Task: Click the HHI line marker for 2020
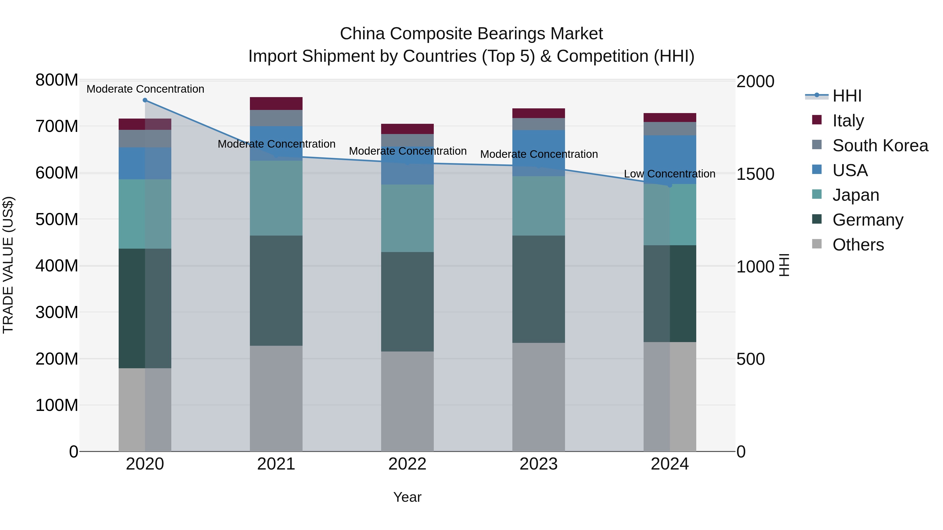click(145, 100)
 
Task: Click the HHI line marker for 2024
click(670, 186)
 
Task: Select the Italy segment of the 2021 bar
click(276, 103)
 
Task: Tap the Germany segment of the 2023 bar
click(539, 289)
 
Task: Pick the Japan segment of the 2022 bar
click(407, 218)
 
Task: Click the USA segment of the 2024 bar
click(670, 160)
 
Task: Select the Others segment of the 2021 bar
click(276, 398)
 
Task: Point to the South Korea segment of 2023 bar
click(539, 124)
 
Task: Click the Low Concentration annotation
click(670, 174)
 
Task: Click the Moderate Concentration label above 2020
click(145, 89)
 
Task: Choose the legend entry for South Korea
click(880, 146)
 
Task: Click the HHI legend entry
click(847, 96)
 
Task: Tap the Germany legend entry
click(868, 220)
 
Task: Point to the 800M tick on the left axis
click(57, 80)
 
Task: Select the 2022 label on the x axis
click(407, 464)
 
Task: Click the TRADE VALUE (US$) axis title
click(8, 265)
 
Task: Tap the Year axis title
click(407, 497)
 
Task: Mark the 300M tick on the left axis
click(57, 312)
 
